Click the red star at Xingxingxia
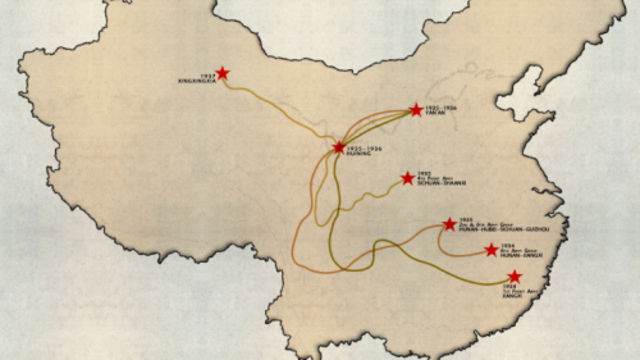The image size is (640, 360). [x=222, y=73]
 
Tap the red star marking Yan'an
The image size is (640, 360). [x=416, y=109]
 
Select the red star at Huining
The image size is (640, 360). [x=339, y=147]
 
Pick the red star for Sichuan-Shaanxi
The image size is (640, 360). [x=407, y=178]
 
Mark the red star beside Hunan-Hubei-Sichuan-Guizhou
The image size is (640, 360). [x=450, y=224]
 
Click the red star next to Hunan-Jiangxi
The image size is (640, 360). [x=491, y=250]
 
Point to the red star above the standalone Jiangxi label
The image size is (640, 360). [x=514, y=276]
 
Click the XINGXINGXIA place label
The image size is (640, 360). [x=195, y=78]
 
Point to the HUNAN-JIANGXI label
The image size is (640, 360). [x=525, y=257]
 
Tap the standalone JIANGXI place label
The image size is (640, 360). [x=514, y=296]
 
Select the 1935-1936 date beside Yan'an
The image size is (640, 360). [x=439, y=106]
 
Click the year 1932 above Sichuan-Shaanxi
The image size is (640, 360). [x=425, y=173]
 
